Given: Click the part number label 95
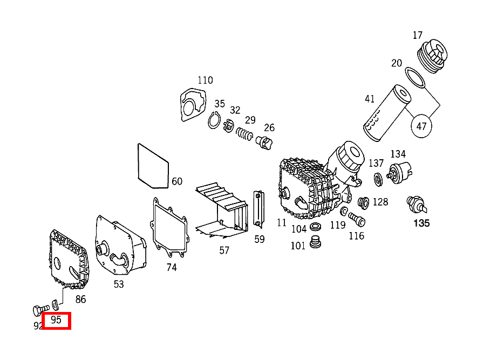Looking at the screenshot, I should point(56,321).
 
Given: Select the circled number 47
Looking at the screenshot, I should point(422,127).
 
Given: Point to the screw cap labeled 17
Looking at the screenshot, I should point(433,56).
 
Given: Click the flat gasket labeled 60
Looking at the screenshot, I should point(154,166).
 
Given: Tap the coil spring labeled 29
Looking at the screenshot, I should point(245,133).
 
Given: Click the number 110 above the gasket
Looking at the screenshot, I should point(205,80).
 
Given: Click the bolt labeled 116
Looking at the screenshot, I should point(356,219).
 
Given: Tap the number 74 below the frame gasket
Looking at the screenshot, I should point(172,267).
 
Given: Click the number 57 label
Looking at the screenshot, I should point(224,250).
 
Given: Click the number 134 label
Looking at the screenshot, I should point(398,155).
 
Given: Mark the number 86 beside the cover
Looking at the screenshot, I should point(80,300).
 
